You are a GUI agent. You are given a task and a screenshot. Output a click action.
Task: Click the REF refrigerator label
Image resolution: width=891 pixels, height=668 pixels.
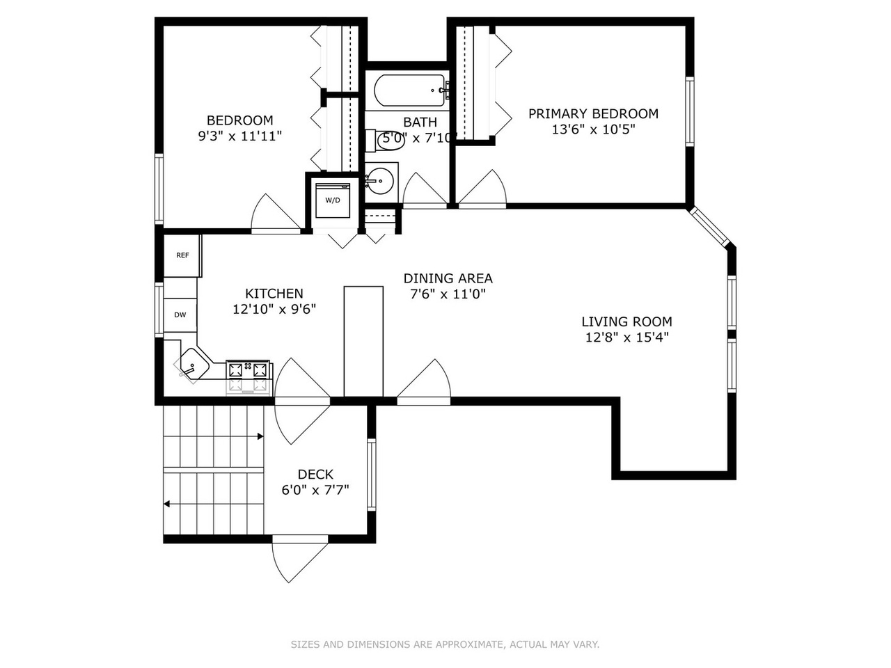182,255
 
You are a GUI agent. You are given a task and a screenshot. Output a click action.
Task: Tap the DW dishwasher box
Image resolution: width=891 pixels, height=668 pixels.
180,315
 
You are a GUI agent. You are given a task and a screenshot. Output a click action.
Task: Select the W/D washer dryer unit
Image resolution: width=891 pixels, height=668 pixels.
333,200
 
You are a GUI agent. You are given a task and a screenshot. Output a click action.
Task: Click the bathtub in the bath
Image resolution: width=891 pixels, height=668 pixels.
409,90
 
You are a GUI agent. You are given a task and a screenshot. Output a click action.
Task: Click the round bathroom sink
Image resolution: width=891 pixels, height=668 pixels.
380,182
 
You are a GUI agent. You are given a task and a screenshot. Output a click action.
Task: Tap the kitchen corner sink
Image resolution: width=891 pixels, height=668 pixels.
192,365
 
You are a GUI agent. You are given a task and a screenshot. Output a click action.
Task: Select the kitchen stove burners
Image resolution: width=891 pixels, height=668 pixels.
248,369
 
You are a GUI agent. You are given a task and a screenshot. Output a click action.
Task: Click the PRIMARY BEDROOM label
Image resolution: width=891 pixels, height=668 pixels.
593,113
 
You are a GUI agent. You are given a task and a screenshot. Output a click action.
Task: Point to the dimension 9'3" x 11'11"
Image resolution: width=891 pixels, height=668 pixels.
239,136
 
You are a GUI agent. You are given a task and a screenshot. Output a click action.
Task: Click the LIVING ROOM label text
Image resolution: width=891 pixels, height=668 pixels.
626,321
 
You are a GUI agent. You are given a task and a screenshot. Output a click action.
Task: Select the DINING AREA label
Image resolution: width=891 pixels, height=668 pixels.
448,278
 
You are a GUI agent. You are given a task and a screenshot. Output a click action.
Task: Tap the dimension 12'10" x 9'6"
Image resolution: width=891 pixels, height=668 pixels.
274,310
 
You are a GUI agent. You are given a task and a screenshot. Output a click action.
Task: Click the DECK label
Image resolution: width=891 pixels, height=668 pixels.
315,474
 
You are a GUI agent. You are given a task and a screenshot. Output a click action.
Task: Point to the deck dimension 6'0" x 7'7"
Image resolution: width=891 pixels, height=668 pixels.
315,491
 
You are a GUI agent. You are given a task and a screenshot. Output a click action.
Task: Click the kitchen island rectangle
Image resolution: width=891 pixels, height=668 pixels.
363,342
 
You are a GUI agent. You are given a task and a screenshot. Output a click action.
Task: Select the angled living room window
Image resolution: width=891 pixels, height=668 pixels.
710,227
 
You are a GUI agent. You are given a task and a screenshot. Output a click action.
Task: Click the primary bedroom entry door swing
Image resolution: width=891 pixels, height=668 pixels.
482,187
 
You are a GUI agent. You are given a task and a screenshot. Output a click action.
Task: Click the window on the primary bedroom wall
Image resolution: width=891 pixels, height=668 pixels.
690,111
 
